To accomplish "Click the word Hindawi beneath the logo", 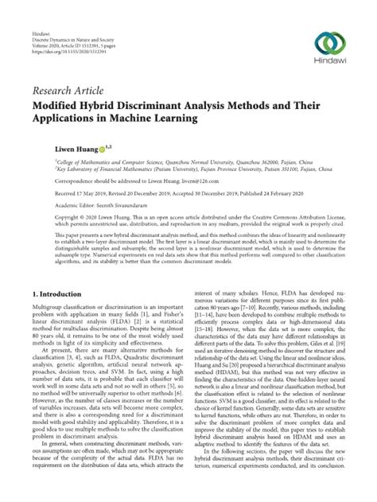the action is point(332,64).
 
